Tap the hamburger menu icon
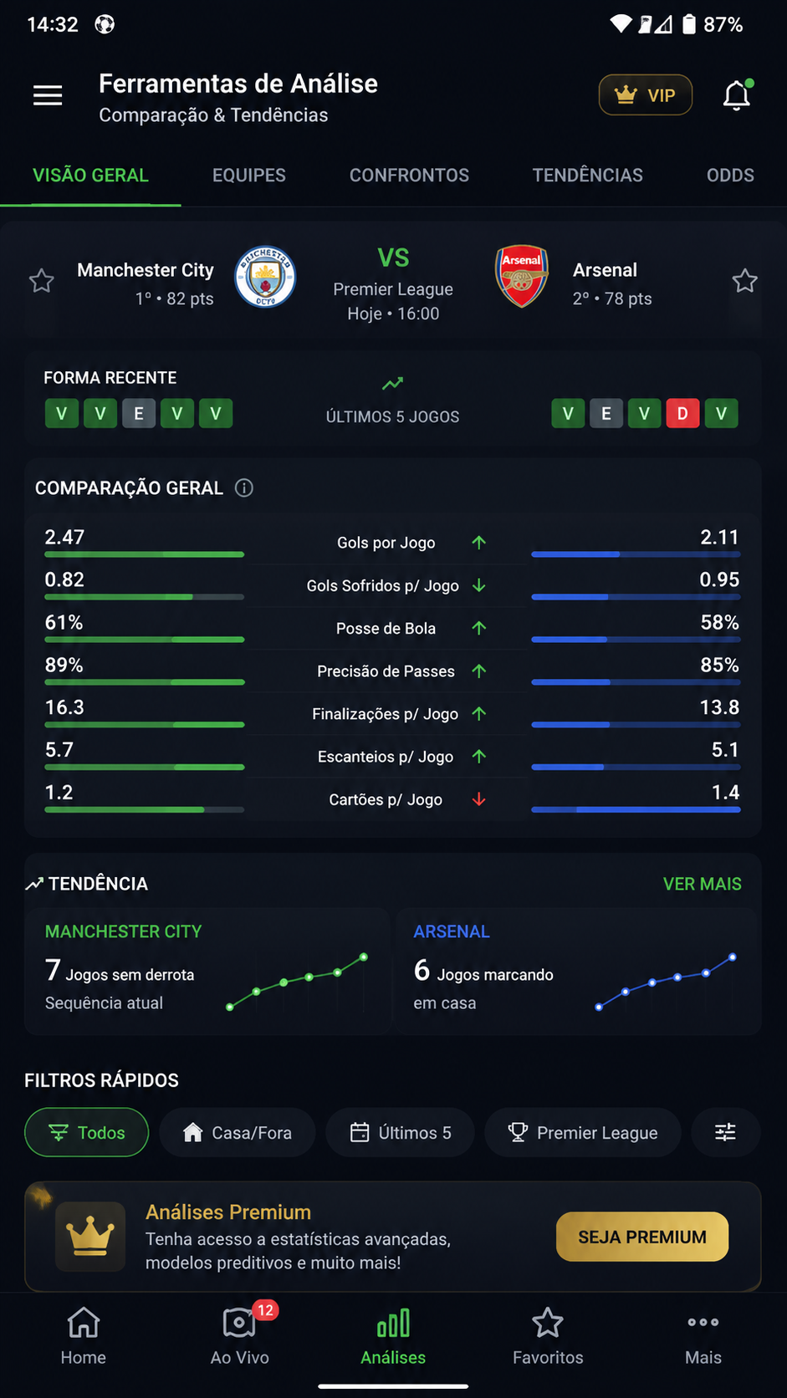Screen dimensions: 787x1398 tap(48, 94)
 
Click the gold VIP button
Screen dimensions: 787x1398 tap(646, 94)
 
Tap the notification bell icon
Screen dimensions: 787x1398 tap(737, 95)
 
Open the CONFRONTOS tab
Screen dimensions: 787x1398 tap(409, 176)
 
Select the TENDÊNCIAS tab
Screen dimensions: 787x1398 tap(587, 176)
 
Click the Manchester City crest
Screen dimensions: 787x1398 tap(265, 277)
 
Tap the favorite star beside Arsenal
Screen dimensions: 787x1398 tap(744, 281)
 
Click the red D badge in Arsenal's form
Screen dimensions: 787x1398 tap(682, 413)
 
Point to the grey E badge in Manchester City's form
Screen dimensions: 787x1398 tap(139, 413)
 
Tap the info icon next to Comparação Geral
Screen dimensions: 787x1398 tap(244, 488)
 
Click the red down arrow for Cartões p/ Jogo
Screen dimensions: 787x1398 tap(478, 799)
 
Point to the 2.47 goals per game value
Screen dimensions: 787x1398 tap(64, 538)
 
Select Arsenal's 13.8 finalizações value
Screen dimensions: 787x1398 tap(719, 707)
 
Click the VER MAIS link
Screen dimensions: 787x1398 tap(703, 884)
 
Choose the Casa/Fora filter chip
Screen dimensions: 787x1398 tap(238, 1132)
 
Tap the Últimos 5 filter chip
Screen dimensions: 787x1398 tap(400, 1132)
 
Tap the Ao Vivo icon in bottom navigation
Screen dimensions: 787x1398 tap(239, 1323)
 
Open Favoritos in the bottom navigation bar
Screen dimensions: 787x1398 tap(547, 1335)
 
